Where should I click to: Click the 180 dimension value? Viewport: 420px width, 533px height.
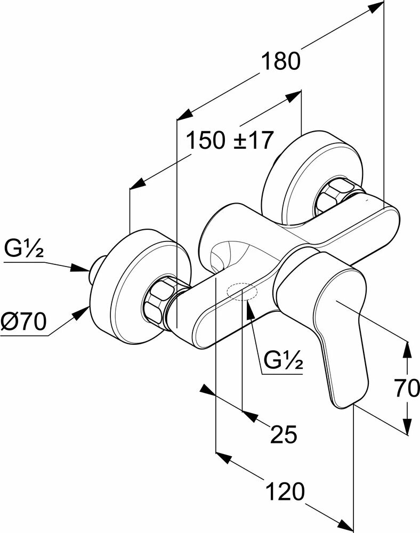click(281, 62)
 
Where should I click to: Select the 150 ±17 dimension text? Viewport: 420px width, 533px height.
click(230, 141)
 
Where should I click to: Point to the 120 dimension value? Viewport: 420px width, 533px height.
click(287, 491)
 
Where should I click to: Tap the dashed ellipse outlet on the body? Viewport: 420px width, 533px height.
click(241, 292)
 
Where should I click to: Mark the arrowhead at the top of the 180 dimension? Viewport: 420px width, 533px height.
click(376, 6)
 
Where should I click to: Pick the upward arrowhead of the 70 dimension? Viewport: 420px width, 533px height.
click(407, 349)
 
